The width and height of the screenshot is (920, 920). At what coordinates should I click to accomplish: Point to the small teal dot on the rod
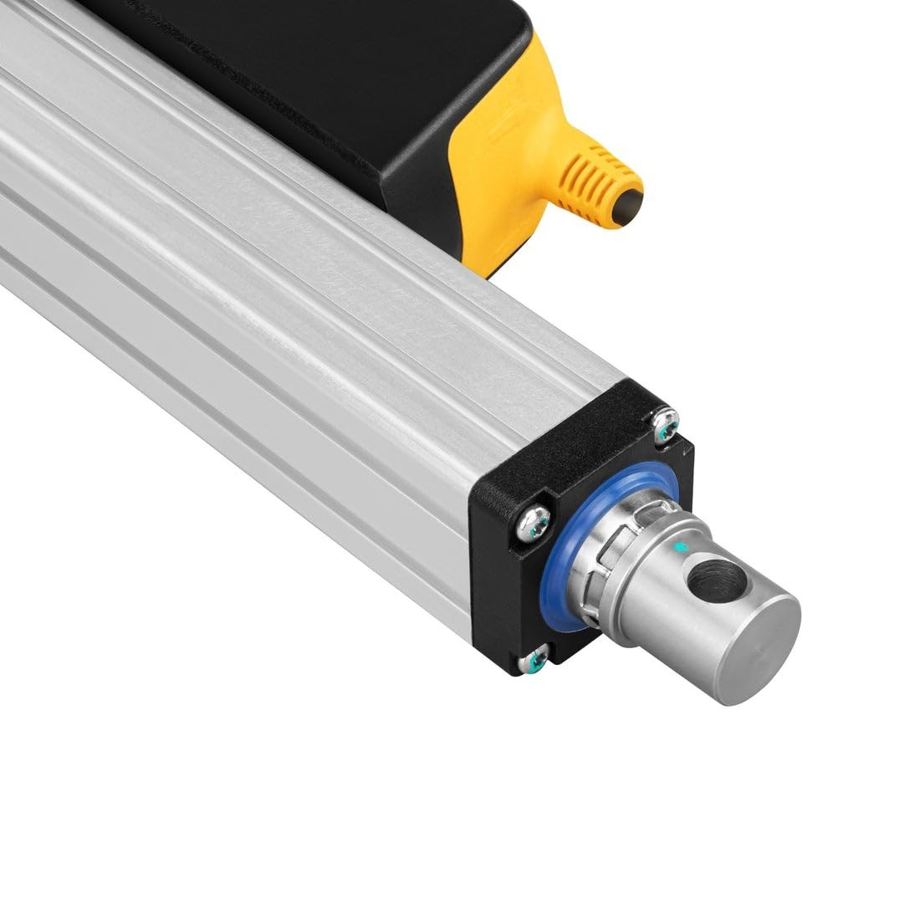click(685, 548)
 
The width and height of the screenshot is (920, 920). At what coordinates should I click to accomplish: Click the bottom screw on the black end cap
click(534, 661)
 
